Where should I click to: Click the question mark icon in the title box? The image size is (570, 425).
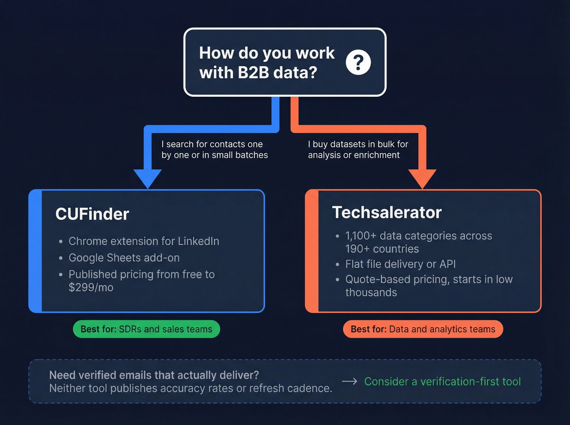point(358,63)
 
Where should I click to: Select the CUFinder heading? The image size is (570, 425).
point(92,214)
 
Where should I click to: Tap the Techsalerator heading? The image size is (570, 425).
point(386,212)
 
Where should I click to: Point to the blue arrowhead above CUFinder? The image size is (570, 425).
point(147,178)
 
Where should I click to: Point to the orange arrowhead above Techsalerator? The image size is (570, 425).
point(422,178)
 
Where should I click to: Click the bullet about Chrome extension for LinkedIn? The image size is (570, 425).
point(143,241)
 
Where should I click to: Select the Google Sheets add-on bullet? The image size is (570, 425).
point(124,258)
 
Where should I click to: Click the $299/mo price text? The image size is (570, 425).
point(91,288)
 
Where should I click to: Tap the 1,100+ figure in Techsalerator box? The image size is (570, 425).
point(361,236)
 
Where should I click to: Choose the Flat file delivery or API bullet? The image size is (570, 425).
point(400,264)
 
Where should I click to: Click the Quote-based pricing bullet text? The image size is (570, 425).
point(428,279)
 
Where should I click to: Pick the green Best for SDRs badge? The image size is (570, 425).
point(146,329)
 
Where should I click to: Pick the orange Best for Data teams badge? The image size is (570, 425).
point(423,329)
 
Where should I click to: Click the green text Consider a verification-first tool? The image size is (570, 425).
point(442,381)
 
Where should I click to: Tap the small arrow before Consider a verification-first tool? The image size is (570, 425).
point(349,381)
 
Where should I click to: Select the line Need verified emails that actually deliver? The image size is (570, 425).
point(154,375)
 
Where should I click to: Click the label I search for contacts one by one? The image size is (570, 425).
point(214,149)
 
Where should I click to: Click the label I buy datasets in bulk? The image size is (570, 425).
point(357,149)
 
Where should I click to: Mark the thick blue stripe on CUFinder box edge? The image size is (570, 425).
point(35,251)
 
